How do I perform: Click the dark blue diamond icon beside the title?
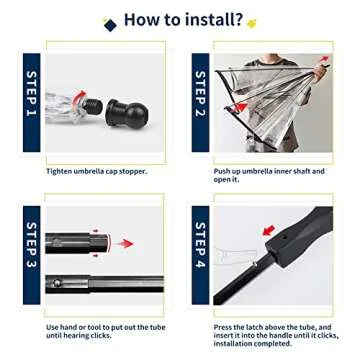point(110,24)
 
